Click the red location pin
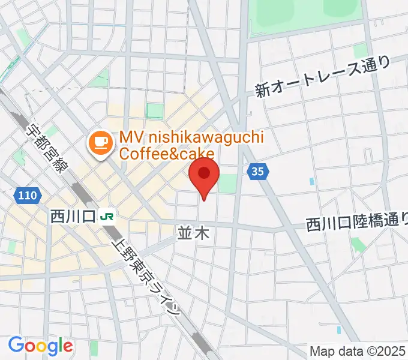point(203,174)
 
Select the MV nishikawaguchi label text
point(191,138)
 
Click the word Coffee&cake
point(158,154)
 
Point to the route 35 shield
point(257,172)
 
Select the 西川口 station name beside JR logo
point(73,215)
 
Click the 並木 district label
point(194,233)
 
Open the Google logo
point(40,346)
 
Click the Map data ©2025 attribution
point(358,352)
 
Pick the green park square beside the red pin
point(227,184)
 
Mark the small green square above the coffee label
point(155,110)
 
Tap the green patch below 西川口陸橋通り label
point(358,245)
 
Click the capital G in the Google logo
point(16,345)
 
